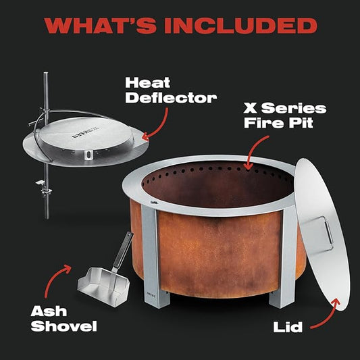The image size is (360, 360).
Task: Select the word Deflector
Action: [x=171, y=98]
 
